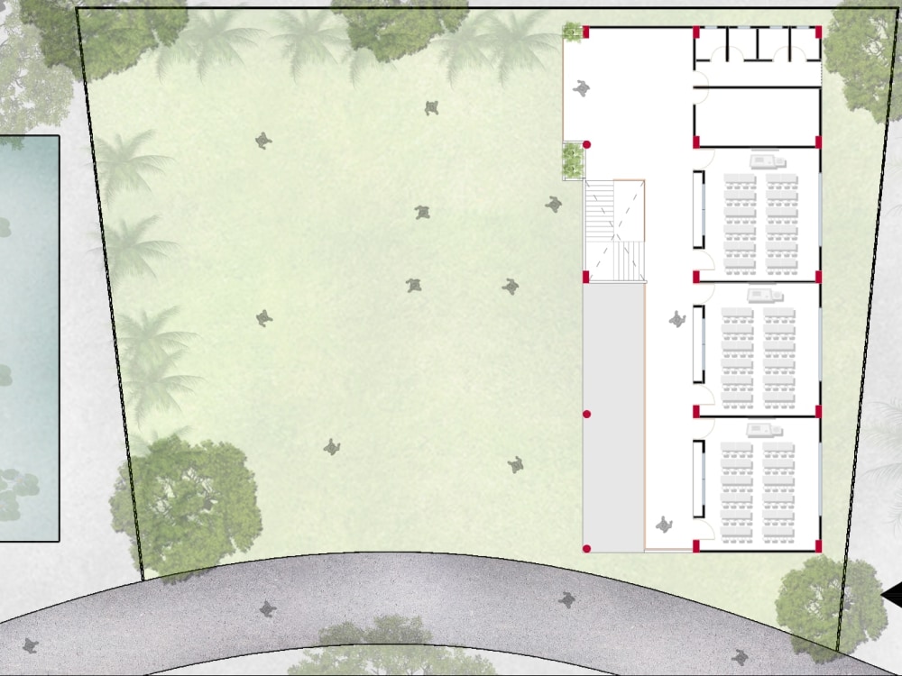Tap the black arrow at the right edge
point(892,595)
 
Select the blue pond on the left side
point(27,338)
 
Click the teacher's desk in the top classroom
point(766,161)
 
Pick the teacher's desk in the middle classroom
point(763,295)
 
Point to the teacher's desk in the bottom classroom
point(763,430)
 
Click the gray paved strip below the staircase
point(613,415)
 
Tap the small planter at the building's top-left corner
point(572,33)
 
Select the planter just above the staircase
point(572,160)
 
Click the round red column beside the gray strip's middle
point(586,414)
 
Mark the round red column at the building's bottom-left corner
point(586,548)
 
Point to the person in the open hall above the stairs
point(583,89)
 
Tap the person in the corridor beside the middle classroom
point(676,319)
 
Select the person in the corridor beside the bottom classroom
point(666,524)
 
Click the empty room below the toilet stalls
point(756,116)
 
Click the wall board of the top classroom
point(697,209)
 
